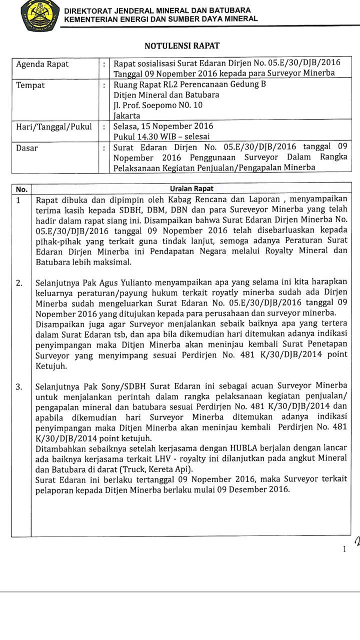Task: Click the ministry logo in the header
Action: (x=40, y=16)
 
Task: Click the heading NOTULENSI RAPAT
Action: (x=182, y=46)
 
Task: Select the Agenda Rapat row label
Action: (x=42, y=64)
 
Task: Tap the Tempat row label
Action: (x=30, y=85)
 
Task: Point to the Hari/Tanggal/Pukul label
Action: (x=54, y=126)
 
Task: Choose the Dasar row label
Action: (x=27, y=147)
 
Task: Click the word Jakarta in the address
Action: (x=127, y=116)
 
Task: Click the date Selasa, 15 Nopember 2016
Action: (x=163, y=126)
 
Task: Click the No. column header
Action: (x=21, y=189)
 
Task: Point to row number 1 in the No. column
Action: (x=18, y=200)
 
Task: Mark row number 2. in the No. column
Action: (x=19, y=283)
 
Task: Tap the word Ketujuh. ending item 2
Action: (x=51, y=366)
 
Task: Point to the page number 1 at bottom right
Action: (x=344, y=550)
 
